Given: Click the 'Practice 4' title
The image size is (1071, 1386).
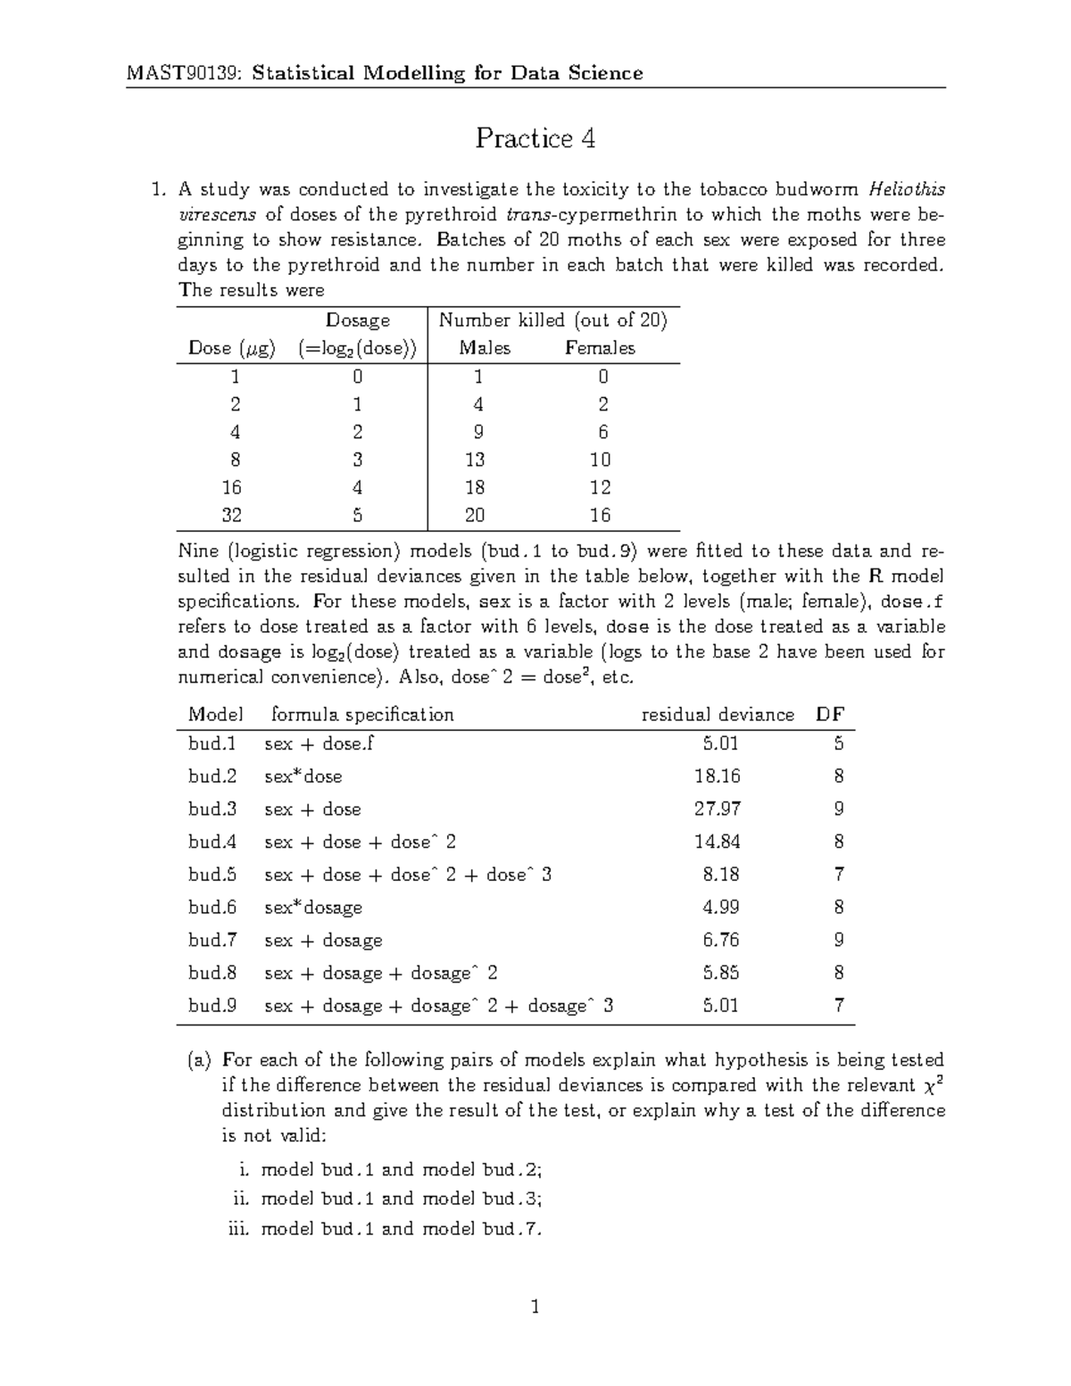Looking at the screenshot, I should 535,138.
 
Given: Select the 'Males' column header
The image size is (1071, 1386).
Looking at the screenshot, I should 485,348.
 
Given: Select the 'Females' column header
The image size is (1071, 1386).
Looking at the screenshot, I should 600,348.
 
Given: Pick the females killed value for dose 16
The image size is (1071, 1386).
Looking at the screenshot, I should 600,487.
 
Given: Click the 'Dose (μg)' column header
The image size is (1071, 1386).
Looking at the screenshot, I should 232,348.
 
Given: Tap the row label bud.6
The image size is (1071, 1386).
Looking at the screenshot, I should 212,908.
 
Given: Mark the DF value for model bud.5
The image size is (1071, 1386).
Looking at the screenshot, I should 839,875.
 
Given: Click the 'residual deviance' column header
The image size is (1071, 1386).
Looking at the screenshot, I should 718,715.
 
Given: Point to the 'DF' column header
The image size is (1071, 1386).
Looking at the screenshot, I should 830,715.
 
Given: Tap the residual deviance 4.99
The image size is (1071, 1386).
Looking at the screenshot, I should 720,908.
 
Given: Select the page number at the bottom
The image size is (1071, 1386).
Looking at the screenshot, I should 535,1308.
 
